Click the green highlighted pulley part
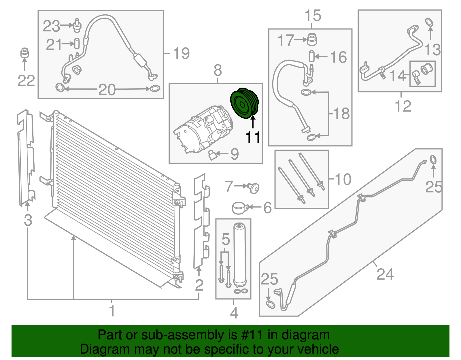245,103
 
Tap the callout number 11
253,137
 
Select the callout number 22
26,80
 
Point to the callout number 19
181,53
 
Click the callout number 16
338,57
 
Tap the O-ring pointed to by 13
429,22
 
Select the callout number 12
403,106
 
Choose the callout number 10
343,179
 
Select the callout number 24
385,274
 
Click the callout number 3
28,220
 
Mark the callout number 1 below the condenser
112,311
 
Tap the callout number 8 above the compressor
218,71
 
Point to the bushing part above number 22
25,53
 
